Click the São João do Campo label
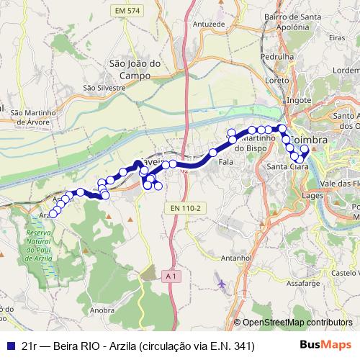coord(130,68)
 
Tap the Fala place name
coord(225,163)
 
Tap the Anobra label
coord(104,310)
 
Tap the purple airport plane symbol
coord(221,284)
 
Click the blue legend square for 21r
coord(11,346)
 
